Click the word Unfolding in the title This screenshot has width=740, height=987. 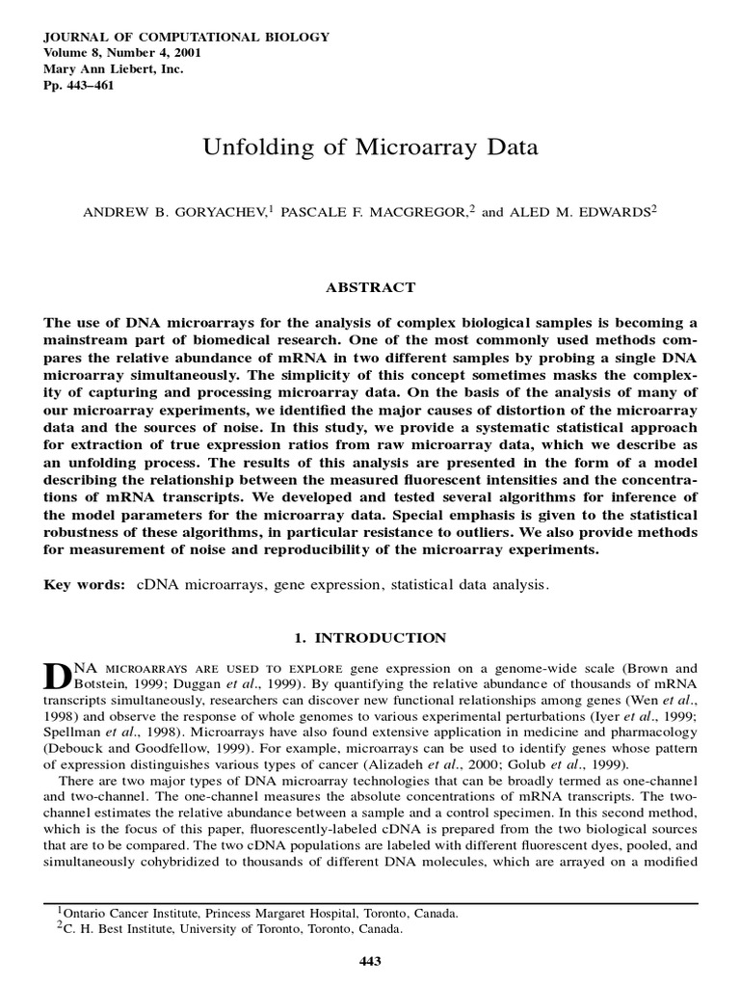tap(245, 148)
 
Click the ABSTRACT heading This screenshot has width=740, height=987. tap(371, 287)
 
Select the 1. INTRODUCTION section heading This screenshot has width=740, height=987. tap(370, 638)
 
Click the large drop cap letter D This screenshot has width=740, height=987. tap(58, 676)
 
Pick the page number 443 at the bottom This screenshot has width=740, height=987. tap(371, 960)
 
